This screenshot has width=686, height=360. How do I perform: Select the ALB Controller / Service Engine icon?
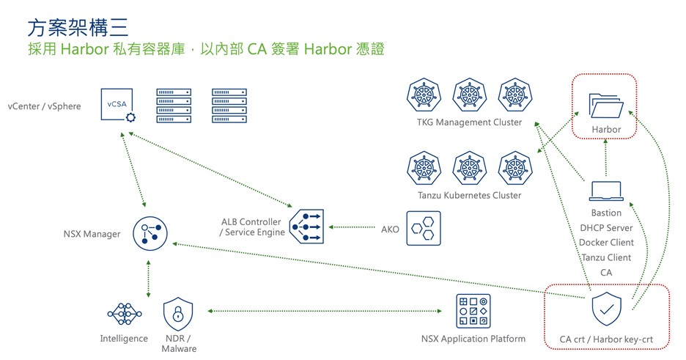tap(306, 228)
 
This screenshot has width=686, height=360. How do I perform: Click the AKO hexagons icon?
tap(424, 228)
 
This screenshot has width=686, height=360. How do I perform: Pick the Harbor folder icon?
tap(605, 106)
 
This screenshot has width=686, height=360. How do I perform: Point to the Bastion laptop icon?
tap(605, 191)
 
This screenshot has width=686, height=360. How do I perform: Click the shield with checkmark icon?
tap(605, 311)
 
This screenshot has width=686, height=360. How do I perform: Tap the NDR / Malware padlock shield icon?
tap(178, 313)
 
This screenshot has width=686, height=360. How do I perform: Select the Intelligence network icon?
tap(124, 313)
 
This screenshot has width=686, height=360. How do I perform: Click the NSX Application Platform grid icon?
tap(473, 311)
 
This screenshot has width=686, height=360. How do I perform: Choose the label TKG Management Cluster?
tap(469, 122)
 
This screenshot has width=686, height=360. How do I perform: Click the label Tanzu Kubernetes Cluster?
tap(469, 196)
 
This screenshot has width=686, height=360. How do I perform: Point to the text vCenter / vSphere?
tap(45, 107)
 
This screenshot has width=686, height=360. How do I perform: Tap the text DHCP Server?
tap(606, 228)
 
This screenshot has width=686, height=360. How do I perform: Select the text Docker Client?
tap(606, 243)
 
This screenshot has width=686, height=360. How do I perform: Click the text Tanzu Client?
tap(606, 257)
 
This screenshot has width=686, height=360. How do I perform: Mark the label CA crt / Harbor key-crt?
tap(606, 339)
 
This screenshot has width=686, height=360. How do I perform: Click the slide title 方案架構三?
tap(78, 28)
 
